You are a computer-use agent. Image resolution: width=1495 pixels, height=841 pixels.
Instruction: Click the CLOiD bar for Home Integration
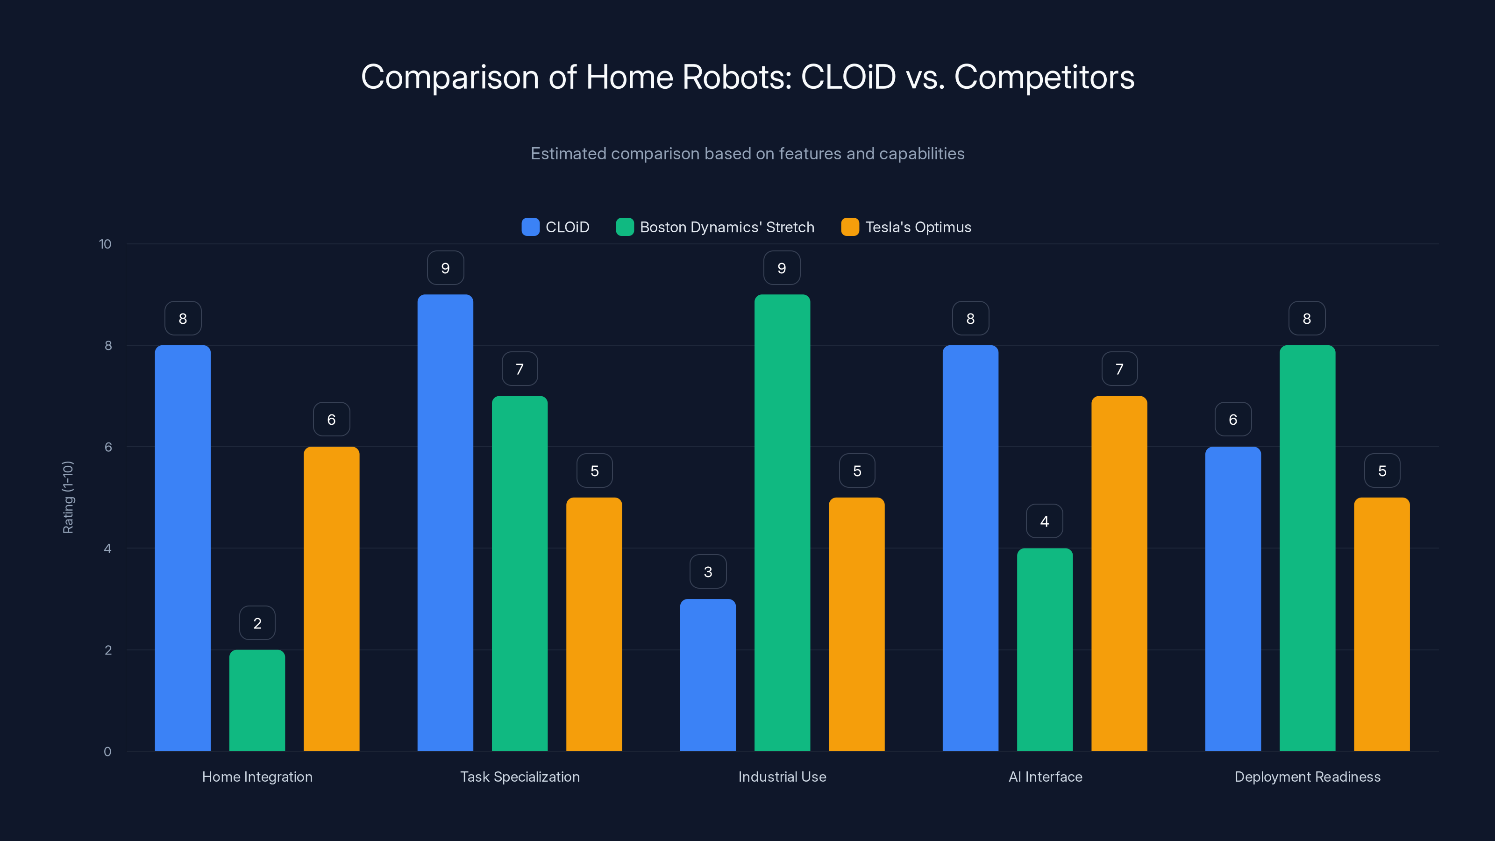point(182,548)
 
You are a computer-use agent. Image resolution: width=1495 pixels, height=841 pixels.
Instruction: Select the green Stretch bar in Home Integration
point(257,700)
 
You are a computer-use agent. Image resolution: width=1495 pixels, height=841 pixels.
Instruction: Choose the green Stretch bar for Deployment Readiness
point(1307,548)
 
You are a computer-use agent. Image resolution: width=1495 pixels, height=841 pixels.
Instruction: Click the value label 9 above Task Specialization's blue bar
point(445,268)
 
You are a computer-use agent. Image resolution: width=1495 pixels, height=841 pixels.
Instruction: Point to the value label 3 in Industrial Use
point(707,572)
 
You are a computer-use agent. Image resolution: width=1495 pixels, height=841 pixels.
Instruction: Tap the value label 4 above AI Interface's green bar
point(1044,521)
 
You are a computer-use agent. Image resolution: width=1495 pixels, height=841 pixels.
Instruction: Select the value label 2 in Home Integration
point(257,623)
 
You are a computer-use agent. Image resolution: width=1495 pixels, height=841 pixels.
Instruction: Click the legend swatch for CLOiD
point(530,227)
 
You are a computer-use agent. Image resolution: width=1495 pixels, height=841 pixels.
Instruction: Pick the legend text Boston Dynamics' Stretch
point(726,227)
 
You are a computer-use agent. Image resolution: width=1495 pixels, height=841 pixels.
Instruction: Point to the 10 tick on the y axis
point(105,244)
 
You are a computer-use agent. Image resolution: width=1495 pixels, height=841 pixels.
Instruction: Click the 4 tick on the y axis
point(107,549)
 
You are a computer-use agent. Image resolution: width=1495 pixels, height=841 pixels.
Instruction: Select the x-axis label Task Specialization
point(520,777)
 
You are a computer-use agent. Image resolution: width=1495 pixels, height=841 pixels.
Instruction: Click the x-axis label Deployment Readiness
point(1307,777)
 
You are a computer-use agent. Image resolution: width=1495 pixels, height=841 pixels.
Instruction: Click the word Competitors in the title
point(1044,77)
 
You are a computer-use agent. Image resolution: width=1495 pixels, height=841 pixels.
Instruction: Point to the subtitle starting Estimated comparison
point(747,153)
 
